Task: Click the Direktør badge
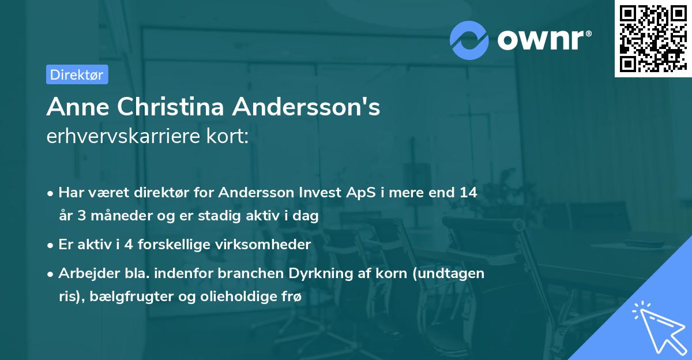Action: click(x=77, y=74)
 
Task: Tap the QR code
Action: click(x=652, y=39)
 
